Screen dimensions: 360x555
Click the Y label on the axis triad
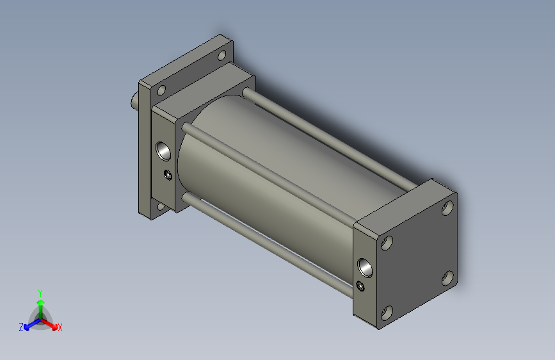click(x=40, y=291)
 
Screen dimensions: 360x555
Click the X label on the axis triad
click(x=60, y=328)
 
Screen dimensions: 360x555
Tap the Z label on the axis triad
click(x=21, y=327)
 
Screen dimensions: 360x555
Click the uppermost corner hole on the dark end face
click(x=447, y=208)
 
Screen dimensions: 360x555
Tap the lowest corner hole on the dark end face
click(x=387, y=313)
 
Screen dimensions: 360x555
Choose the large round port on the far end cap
click(x=165, y=151)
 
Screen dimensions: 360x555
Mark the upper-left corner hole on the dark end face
click(x=387, y=243)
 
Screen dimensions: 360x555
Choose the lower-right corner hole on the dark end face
click(x=448, y=277)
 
